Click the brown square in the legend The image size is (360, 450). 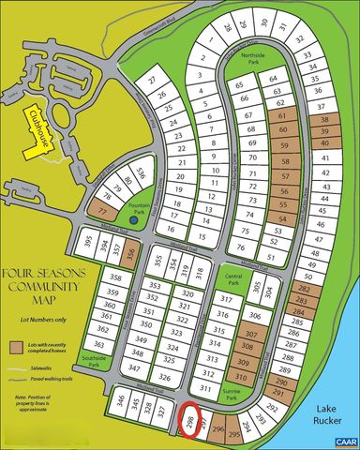[15, 347]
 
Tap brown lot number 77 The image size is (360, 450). [102, 211]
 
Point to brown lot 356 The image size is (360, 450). [131, 253]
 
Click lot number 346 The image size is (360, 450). [119, 403]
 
